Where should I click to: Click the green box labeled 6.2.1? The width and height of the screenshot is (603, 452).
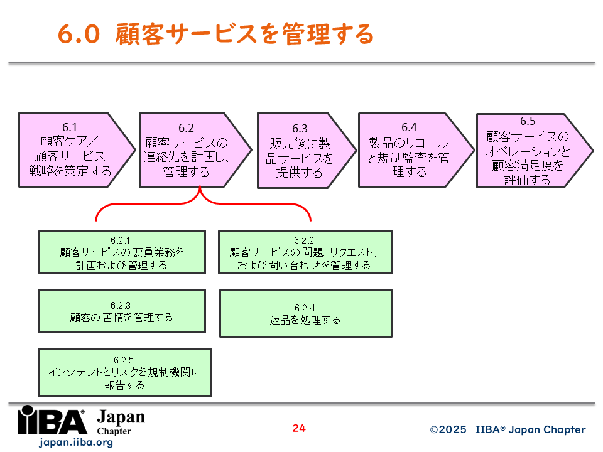pos(122,252)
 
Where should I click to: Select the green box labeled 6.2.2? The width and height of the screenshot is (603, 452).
pos(305,252)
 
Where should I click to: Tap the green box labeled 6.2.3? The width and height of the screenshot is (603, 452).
pos(122,311)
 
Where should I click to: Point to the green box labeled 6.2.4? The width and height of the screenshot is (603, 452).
pos(306,313)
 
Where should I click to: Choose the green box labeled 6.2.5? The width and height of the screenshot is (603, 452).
pos(125,372)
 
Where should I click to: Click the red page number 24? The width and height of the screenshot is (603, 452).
pos(299,428)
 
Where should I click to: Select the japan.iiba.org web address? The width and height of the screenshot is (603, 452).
pos(76,443)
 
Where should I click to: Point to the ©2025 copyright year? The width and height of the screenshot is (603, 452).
pos(448,429)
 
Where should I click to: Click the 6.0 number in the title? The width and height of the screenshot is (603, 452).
pos(79,33)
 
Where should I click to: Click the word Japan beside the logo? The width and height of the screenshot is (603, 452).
pos(121,417)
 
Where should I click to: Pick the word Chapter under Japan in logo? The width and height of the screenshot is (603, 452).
pos(114,431)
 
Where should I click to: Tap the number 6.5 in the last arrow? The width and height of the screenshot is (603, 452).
pos(528,121)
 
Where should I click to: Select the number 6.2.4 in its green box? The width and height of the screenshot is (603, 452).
pos(305,308)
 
